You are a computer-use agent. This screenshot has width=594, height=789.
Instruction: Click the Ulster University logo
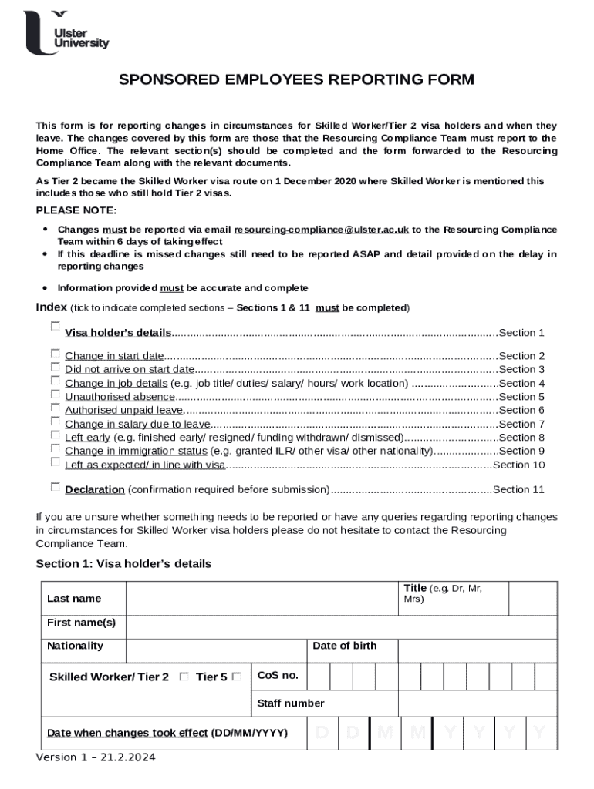point(66,33)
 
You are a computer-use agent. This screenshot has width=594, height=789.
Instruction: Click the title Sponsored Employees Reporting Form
point(296,80)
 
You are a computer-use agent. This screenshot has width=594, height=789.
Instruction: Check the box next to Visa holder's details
point(56,327)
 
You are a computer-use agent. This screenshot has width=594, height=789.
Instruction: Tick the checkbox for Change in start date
point(56,353)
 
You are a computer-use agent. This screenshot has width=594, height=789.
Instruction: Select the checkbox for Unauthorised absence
point(56,394)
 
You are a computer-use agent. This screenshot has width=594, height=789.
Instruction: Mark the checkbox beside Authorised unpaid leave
point(56,408)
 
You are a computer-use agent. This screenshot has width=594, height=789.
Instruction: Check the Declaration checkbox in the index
point(56,487)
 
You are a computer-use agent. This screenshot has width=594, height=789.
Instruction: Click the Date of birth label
point(345,646)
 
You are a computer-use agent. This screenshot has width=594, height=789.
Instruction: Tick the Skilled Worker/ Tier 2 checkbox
point(184,677)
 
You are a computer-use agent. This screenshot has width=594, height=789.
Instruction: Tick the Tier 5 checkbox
point(237,677)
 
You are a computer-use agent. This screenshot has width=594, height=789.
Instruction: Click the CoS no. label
point(278,676)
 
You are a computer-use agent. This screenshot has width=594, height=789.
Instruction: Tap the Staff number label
point(291,703)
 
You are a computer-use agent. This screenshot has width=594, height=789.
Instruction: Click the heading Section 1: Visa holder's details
point(123,564)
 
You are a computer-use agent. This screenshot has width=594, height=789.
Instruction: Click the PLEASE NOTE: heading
point(76,211)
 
